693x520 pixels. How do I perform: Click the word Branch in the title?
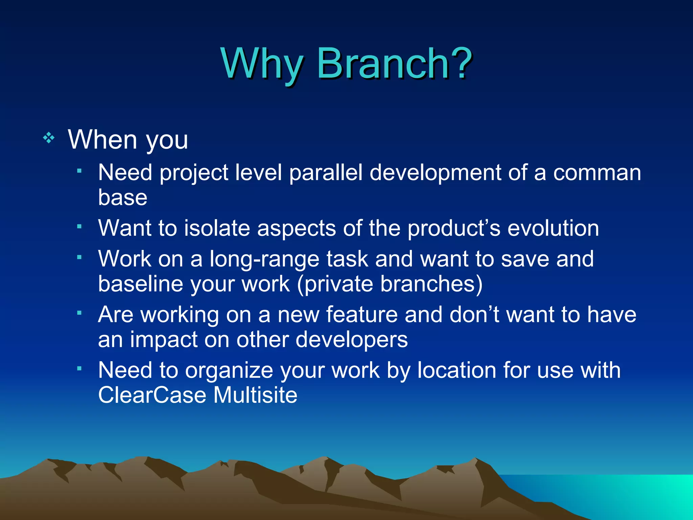pos(382,63)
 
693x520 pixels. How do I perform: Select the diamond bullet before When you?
pos(49,138)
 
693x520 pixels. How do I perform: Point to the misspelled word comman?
pos(597,173)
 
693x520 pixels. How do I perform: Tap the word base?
pos(122,197)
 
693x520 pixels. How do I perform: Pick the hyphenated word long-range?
pos(264,259)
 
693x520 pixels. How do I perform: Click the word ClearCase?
pos(152,395)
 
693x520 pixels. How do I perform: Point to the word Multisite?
pos(255,395)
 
